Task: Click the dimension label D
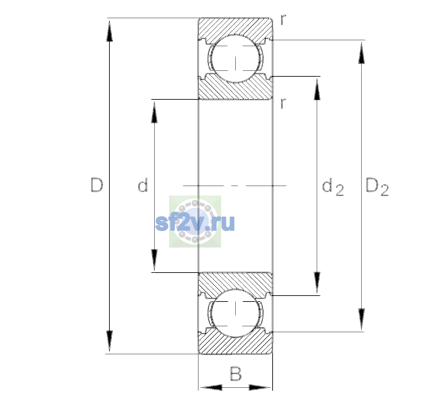pos(97,185)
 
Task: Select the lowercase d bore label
pos(143,185)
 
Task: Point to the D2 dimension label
pos(377,187)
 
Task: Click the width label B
pos(236,373)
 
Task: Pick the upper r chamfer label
pos(283,19)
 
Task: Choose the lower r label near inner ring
pos(283,103)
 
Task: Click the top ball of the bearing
pos(235,59)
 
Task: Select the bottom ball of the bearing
pos(235,313)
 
